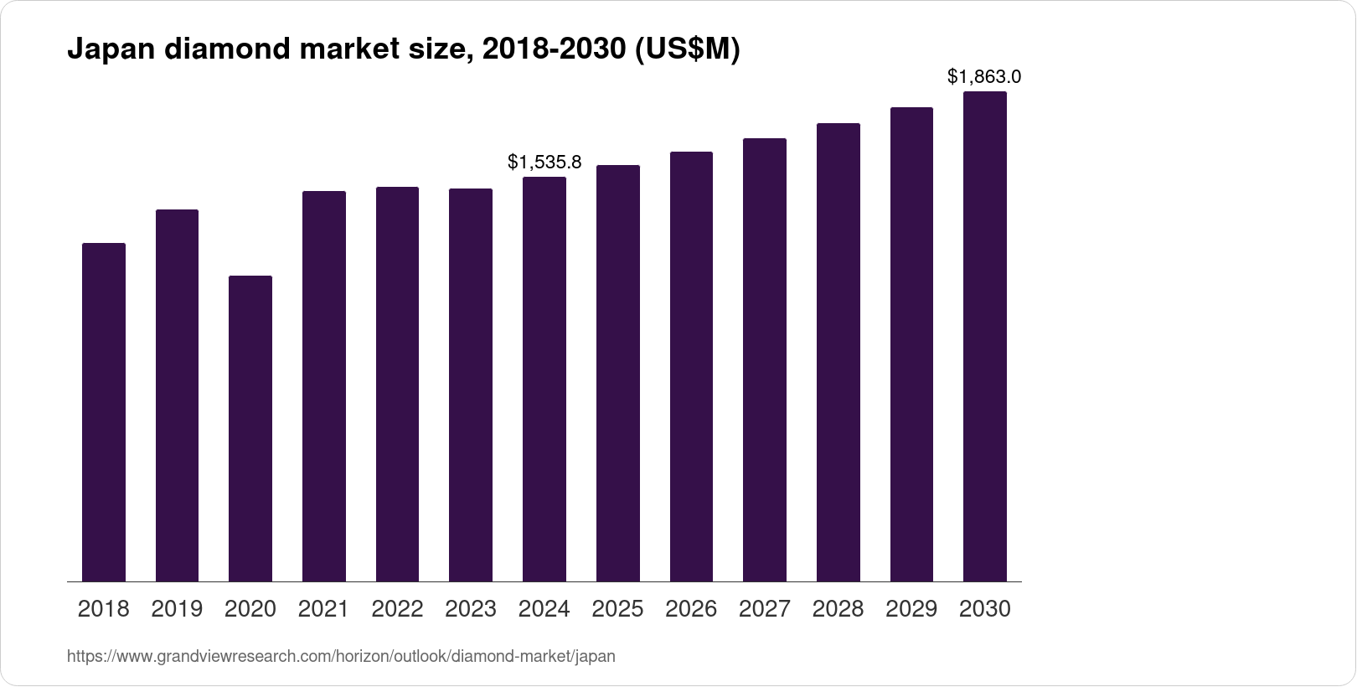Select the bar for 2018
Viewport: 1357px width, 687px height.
pyautogui.click(x=104, y=412)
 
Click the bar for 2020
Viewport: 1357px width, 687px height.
pyautogui.click(x=250, y=428)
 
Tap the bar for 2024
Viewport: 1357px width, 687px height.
pyautogui.click(x=544, y=379)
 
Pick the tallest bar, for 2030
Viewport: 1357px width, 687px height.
pyautogui.click(x=985, y=336)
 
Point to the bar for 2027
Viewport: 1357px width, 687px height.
pyautogui.click(x=765, y=359)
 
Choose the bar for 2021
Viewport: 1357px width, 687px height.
pyautogui.click(x=324, y=386)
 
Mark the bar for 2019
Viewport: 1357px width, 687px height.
pyautogui.click(x=177, y=395)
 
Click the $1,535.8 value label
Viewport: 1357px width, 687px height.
pyautogui.click(x=544, y=162)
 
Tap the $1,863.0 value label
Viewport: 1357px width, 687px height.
pyautogui.click(x=984, y=77)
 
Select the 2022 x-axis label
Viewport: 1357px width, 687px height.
pyautogui.click(x=397, y=609)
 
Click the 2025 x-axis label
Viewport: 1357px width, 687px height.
pyautogui.click(x=617, y=609)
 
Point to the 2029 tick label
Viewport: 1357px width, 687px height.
pyautogui.click(x=911, y=609)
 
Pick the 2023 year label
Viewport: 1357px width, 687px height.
pyautogui.click(x=471, y=609)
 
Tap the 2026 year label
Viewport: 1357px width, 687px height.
pyautogui.click(x=691, y=609)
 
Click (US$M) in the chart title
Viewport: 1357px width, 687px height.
pyautogui.click(x=688, y=50)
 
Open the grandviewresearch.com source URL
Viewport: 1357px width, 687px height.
pyautogui.click(x=341, y=657)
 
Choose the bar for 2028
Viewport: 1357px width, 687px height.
pyautogui.click(x=838, y=352)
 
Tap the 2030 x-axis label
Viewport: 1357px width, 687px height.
pyautogui.click(x=985, y=609)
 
